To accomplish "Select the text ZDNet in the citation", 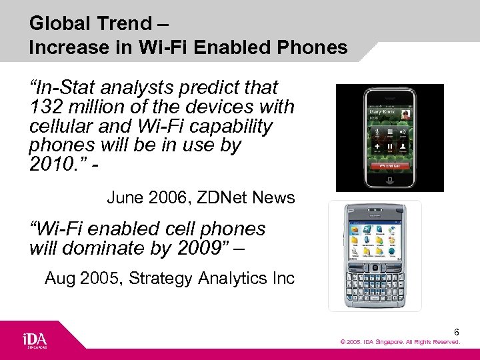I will pos(227,197).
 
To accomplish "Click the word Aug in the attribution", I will pos(59,278).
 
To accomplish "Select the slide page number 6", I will pos(457,331).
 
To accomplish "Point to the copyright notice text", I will pos(400,342).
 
